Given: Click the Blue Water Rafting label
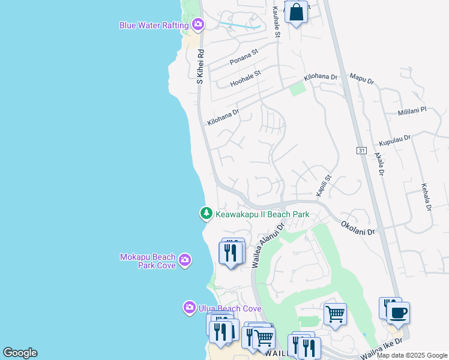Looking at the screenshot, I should [x=154, y=25].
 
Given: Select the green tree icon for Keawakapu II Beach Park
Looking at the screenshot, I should [x=206, y=213].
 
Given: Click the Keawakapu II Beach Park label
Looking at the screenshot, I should [x=262, y=214].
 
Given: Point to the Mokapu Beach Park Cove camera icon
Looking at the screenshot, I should [x=185, y=259].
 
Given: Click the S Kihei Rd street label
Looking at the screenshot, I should [x=201, y=66].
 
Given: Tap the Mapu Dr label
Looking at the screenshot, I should [x=361, y=77].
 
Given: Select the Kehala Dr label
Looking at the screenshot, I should [x=427, y=197].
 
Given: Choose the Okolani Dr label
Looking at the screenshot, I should [x=358, y=227].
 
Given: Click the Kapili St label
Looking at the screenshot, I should [x=324, y=185].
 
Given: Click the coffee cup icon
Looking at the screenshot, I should [x=398, y=312].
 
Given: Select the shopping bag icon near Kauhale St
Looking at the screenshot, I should [x=296, y=12].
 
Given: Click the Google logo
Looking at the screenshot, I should [x=20, y=353].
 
